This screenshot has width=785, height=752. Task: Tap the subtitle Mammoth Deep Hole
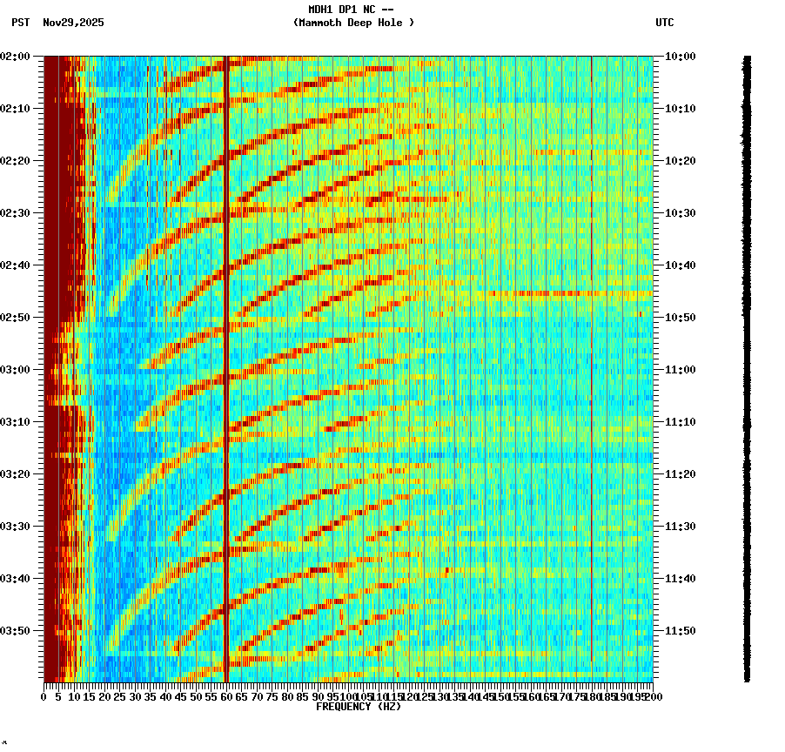pyautogui.click(x=353, y=23)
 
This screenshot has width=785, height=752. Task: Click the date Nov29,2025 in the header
pyautogui.click(x=73, y=23)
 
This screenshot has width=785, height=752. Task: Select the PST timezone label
pyautogui.click(x=21, y=23)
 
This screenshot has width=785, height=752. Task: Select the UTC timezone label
pyautogui.click(x=664, y=23)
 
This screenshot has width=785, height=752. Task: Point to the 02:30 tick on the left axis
pyautogui.click(x=17, y=213)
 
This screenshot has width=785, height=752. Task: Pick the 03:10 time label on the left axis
pyautogui.click(x=17, y=422)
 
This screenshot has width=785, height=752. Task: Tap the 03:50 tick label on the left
pyautogui.click(x=17, y=631)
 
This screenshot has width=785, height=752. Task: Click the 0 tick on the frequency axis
pyautogui.click(x=44, y=697)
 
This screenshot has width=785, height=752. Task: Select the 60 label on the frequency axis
pyautogui.click(x=226, y=697)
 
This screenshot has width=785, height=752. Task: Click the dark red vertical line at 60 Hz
pyautogui.click(x=226, y=348)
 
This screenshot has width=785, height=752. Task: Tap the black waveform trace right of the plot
pyautogui.click(x=747, y=366)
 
